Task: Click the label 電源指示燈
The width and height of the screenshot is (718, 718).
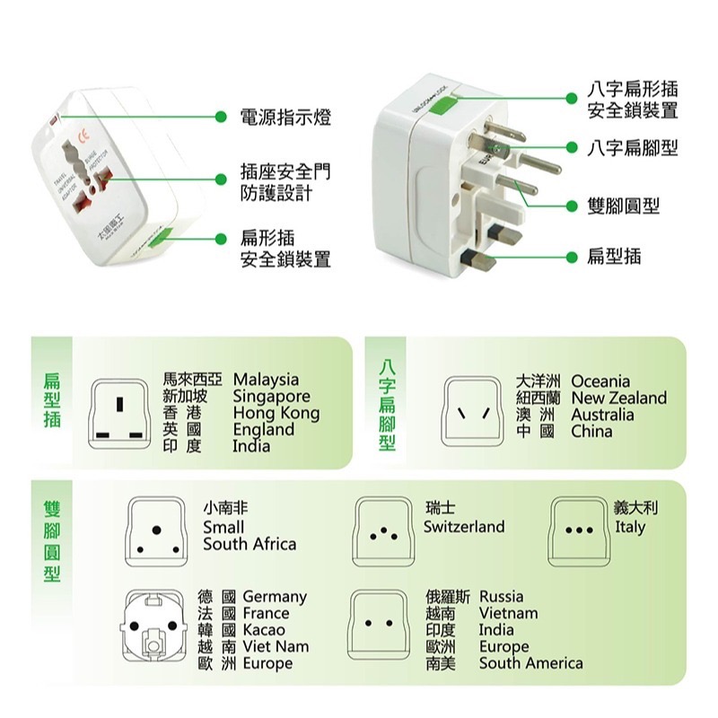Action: pyautogui.click(x=285, y=117)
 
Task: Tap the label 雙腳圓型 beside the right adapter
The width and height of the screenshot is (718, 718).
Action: pyautogui.click(x=623, y=206)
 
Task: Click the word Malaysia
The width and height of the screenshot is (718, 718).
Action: pyautogui.click(x=266, y=381)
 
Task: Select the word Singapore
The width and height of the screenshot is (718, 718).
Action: pyautogui.click(x=271, y=397)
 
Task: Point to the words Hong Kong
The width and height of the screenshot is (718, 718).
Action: pyautogui.click(x=276, y=413)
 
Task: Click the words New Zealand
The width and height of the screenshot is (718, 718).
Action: pyautogui.click(x=618, y=398)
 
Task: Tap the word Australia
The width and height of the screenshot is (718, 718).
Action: pyautogui.click(x=602, y=415)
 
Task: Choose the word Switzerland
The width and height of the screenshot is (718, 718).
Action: pyautogui.click(x=464, y=527)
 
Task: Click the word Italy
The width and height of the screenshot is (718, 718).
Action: pyautogui.click(x=630, y=527)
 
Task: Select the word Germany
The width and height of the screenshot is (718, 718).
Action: pyautogui.click(x=275, y=597)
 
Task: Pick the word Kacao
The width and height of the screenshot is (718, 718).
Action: pyautogui.click(x=264, y=630)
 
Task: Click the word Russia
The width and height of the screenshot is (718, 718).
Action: pyautogui.click(x=501, y=597)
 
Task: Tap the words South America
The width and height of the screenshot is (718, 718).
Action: pyautogui.click(x=530, y=663)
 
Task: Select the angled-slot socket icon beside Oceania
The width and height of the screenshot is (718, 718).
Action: pyautogui.click(x=474, y=412)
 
